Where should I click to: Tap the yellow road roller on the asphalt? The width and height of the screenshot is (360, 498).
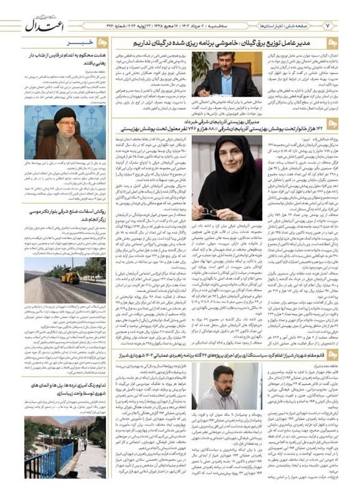click(70, 276)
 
